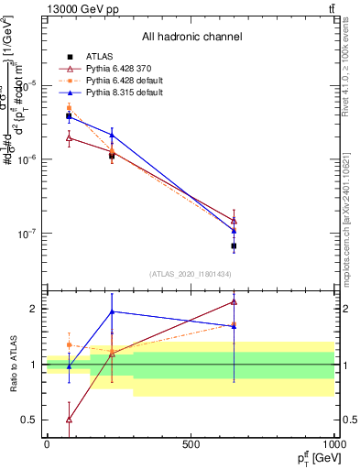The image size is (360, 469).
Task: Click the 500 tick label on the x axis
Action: click(191, 443)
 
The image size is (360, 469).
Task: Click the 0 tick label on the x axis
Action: click(47, 443)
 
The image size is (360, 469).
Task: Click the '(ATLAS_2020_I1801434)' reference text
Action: click(190, 275)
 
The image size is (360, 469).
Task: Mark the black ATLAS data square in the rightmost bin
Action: click(234, 246)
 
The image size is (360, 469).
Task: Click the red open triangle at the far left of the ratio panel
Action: click(70, 420)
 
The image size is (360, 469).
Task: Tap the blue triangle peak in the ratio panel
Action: click(112, 311)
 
